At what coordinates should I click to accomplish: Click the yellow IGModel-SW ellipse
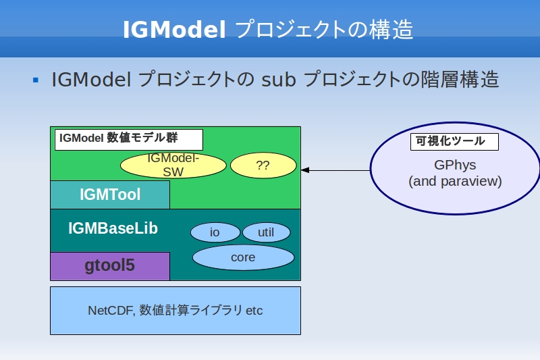[x=173, y=165]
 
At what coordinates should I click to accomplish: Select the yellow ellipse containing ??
[x=263, y=165]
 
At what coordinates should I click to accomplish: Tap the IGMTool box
[x=110, y=195]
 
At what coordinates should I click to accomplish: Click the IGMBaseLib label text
[x=113, y=228]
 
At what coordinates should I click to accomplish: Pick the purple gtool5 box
[x=110, y=266]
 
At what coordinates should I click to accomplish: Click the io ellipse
[x=215, y=232]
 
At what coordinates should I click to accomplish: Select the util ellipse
[x=266, y=232]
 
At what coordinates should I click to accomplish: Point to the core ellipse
[x=243, y=257]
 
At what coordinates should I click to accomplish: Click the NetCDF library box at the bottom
[x=175, y=311]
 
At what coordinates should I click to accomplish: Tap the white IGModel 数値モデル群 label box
[x=129, y=140]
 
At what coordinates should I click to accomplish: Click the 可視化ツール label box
[x=454, y=142]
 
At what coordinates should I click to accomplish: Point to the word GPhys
[x=455, y=165]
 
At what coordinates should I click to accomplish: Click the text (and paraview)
[x=455, y=181]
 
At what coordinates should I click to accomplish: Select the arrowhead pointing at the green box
[x=305, y=170]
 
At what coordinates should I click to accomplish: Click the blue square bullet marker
[x=36, y=80]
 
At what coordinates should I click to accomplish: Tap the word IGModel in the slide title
[x=174, y=29]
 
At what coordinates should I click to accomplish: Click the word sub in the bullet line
[x=279, y=80]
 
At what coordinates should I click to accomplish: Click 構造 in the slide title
[x=391, y=29]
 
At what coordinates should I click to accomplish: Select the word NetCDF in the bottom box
[x=111, y=311]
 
